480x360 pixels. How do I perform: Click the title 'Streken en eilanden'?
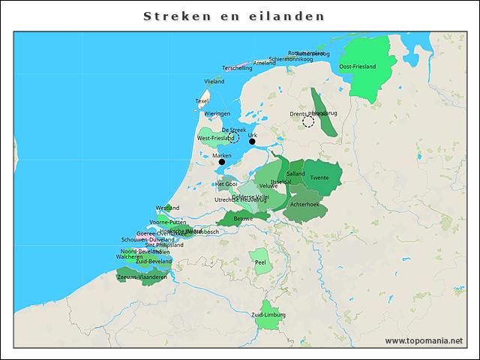point(235,16)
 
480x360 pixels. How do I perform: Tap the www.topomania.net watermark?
point(424,340)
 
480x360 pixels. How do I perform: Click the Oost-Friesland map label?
point(357,67)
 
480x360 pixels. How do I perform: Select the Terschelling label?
point(237,68)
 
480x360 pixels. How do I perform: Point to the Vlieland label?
point(214,81)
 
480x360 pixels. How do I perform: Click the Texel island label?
point(202,100)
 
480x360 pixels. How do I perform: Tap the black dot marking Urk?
point(253,142)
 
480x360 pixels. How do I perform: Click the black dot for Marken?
point(221,161)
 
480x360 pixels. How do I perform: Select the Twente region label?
point(319,178)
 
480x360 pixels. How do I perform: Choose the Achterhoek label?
point(304,204)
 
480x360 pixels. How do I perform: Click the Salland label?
point(295,173)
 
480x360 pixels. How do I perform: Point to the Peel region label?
point(261,262)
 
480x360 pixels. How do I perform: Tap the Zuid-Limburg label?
point(268,314)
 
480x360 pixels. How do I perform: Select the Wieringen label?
point(217,113)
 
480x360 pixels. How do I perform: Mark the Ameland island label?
point(265,63)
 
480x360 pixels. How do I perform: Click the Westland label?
point(167,208)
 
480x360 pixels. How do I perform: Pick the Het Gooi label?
point(226,184)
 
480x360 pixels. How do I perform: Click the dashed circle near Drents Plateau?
point(308,121)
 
